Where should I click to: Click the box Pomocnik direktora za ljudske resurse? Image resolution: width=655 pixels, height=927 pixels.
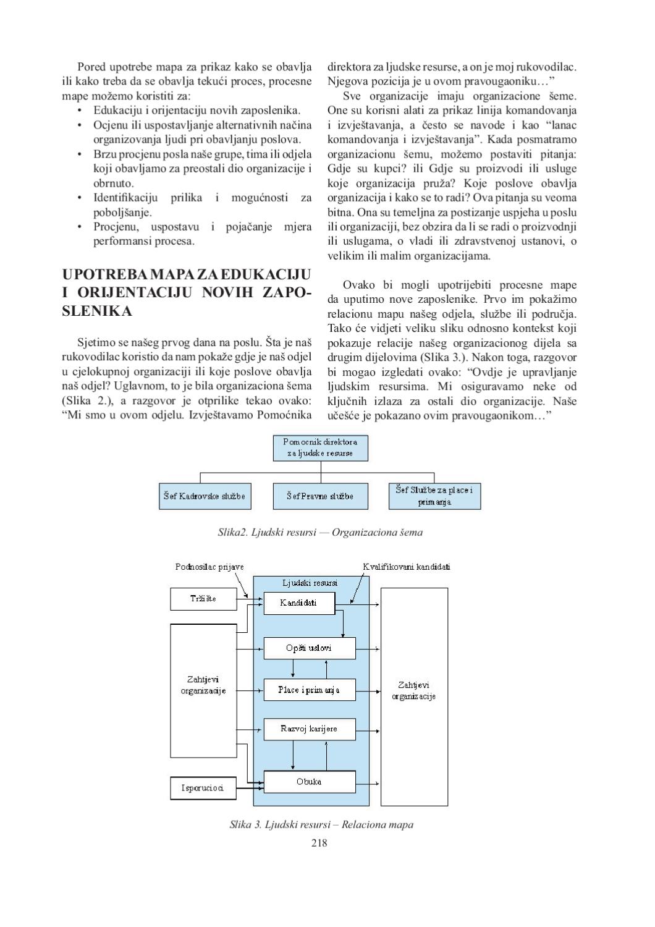320,448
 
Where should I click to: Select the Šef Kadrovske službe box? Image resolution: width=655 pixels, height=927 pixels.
205,496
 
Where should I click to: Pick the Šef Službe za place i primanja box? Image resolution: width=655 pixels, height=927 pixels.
434,496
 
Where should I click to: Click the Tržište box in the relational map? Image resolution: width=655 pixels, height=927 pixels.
203,599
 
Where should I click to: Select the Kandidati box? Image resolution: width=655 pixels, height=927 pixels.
299,603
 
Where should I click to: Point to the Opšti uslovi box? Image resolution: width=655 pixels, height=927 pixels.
310,648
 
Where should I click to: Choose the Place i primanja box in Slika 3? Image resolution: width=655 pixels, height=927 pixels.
310,690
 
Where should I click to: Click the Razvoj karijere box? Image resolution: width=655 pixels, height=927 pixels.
310,729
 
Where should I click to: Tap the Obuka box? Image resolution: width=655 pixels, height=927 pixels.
310,782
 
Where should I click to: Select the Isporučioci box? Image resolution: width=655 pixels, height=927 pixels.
203,788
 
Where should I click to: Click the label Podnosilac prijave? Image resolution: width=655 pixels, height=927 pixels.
209,567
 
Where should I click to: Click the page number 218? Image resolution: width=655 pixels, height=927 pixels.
319,843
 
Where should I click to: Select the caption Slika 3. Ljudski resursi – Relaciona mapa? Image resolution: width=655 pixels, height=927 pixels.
321,824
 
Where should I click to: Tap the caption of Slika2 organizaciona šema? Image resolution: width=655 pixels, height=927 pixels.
320,532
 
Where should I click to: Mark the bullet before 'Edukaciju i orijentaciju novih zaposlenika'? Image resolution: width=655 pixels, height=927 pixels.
80,111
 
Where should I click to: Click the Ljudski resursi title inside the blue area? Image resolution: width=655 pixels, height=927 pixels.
310,583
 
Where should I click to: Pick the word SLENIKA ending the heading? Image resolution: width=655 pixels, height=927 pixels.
97,311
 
